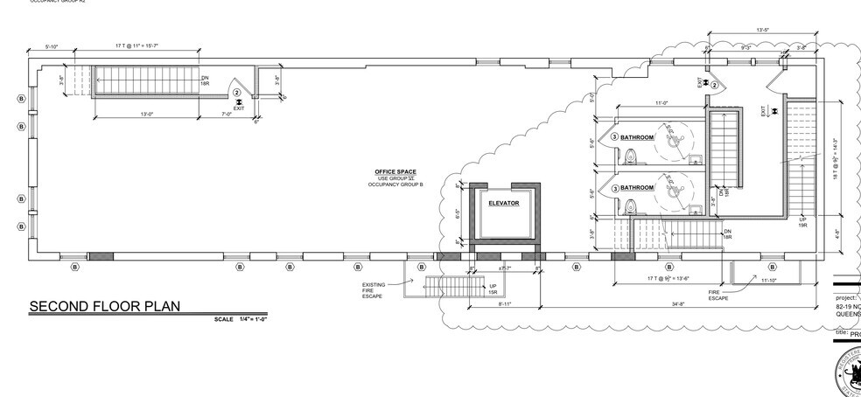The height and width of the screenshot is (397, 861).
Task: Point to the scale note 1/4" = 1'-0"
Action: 240,320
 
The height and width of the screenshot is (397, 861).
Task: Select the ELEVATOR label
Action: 504,203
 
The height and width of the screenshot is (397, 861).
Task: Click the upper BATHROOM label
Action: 637,138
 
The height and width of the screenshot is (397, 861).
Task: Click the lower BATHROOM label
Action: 637,188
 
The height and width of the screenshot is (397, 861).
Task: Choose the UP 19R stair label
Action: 802,222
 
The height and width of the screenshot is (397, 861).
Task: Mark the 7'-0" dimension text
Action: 227,114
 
